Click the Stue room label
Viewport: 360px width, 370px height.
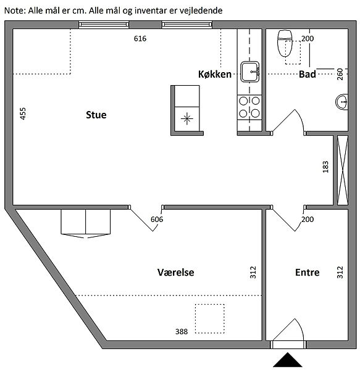96,115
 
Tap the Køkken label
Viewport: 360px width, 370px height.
215,75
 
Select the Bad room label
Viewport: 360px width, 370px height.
308,75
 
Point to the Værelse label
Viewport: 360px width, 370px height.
176,273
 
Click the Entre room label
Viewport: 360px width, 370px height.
308,273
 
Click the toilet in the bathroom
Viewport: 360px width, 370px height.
285,43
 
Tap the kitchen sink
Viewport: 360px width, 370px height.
250,72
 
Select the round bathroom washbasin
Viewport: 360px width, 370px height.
341,102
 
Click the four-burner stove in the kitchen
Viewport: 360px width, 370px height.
249,107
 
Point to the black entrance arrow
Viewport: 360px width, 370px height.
288,360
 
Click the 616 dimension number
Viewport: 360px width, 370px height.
140,38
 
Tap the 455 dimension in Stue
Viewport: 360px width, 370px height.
23,113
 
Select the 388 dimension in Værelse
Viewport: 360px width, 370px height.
182,332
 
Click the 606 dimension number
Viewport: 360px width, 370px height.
157,220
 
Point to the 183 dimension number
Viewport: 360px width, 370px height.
325,167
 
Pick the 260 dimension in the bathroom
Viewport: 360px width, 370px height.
340,74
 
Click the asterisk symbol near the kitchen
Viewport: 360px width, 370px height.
187,118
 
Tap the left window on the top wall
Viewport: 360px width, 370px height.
104,25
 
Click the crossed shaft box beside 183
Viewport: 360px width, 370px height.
343,170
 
